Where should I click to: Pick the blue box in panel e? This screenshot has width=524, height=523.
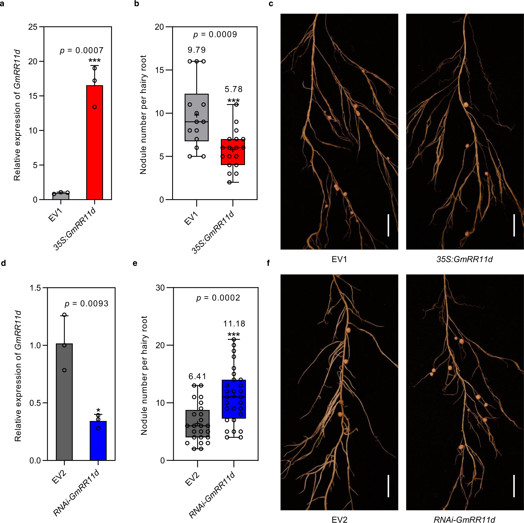point(233,399)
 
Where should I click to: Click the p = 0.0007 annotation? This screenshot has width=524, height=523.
point(82,51)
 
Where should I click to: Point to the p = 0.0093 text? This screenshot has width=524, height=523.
point(86,303)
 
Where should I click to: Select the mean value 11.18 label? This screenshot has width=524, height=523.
point(234,324)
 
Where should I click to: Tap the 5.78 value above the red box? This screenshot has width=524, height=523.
point(233,89)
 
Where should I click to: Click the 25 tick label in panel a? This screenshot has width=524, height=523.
point(33,27)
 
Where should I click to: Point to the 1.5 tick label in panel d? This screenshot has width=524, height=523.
point(35,288)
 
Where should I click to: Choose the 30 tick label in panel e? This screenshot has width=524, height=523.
point(160,288)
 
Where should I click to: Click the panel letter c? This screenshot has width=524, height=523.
point(271,4)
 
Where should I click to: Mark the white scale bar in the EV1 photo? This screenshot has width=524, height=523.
point(388,225)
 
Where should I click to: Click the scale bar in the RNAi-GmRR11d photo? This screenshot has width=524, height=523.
point(514,486)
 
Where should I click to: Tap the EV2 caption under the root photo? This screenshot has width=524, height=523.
point(339,520)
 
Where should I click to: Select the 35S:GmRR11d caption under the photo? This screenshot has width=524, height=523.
point(464,259)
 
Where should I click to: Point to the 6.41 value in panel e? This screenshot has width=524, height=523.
point(197,376)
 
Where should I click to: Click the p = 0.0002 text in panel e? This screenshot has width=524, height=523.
point(218,298)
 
